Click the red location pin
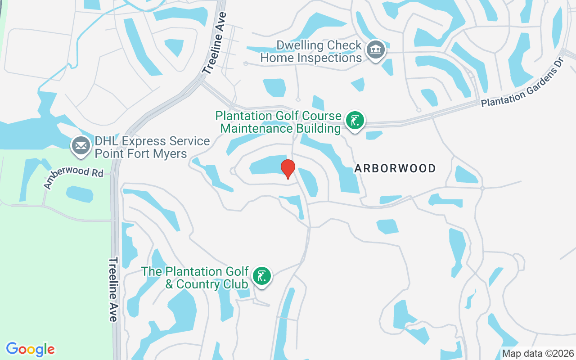[288, 169]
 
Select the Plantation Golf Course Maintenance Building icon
[355, 121]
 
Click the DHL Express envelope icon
[81, 146]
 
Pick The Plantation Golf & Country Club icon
[261, 276]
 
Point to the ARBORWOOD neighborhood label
[395, 169]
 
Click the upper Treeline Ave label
[215, 43]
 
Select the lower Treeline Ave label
[113, 289]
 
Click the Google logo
[31, 349]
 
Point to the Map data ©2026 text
[538, 353]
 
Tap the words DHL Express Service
[152, 141]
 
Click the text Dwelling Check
[319, 45]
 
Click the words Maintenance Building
[280, 129]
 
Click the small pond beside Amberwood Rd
[79, 194]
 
